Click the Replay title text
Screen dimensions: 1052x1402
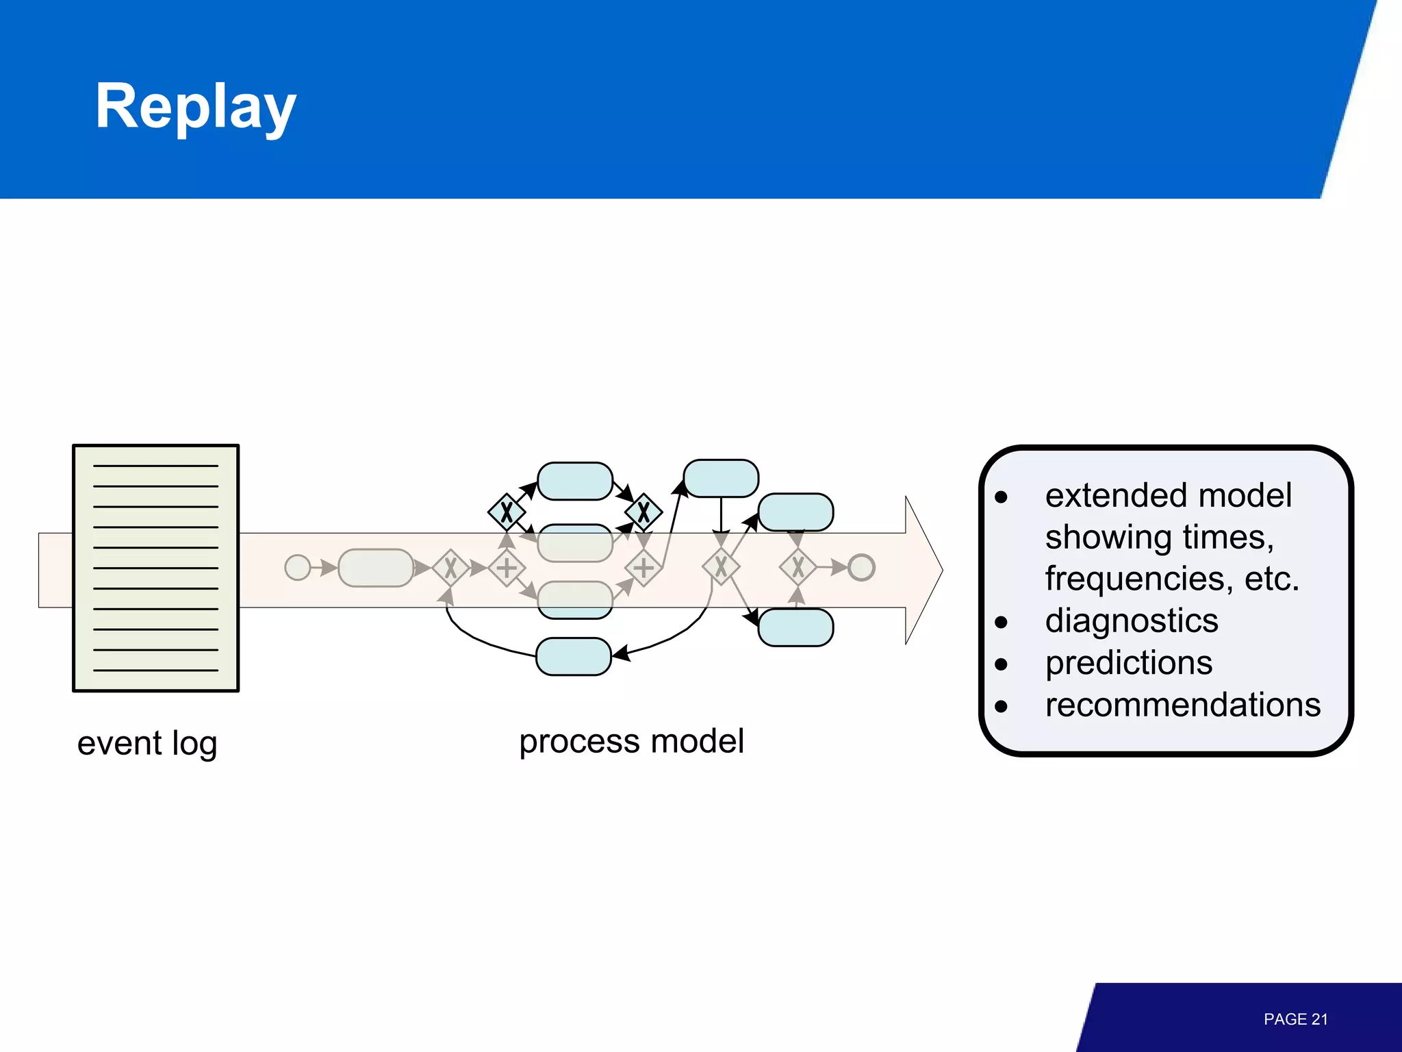(196, 106)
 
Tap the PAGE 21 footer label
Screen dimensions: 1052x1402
(1295, 1019)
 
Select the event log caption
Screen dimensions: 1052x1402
(147, 743)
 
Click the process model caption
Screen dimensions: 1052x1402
(631, 741)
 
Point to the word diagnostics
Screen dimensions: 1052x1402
(1132, 621)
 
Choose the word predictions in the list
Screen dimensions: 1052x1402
(1129, 663)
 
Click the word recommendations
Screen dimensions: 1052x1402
(1182, 705)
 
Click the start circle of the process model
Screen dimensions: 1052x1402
(297, 567)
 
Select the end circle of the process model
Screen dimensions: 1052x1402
(861, 567)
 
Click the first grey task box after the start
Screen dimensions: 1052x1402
(376, 567)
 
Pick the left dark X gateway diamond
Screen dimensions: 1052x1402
(507, 512)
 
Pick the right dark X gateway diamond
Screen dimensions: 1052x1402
(643, 512)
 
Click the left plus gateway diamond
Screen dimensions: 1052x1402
(507, 568)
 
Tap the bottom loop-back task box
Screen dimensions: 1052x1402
(574, 656)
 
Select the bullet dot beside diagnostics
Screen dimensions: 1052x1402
(1002, 622)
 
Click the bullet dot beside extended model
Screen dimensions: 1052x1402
(1002, 497)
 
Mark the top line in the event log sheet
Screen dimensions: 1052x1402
(155, 466)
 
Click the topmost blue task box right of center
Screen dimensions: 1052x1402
(721, 478)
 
